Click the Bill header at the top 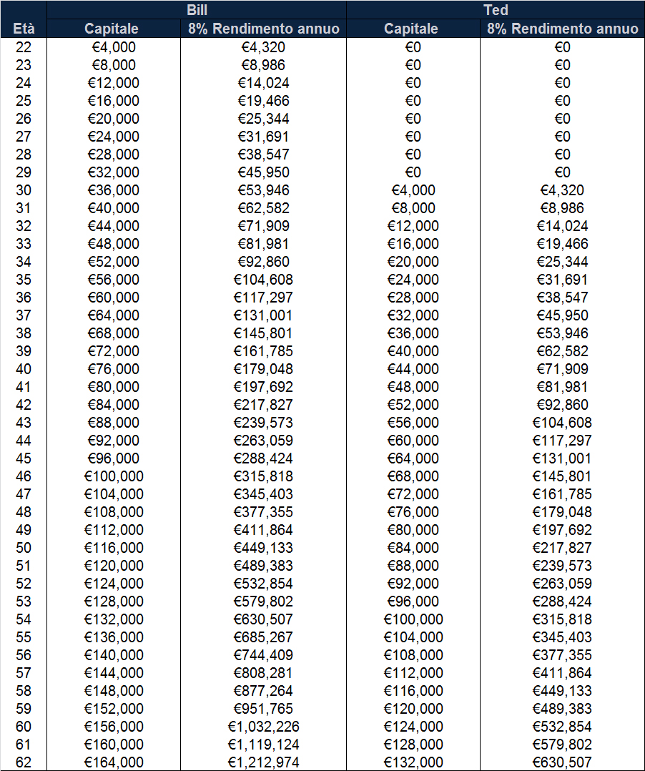[x=197, y=10]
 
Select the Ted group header [x=495, y=10]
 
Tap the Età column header [x=24, y=29]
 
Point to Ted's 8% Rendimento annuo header [x=563, y=29]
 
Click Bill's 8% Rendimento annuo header [x=263, y=29]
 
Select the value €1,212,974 [x=263, y=762]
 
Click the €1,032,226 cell [x=263, y=727]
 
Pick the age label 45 [x=24, y=458]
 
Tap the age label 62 [x=24, y=762]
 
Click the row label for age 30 [x=24, y=190]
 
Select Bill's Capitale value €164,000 [x=114, y=762]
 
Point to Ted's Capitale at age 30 [x=413, y=190]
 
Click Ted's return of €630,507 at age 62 [x=563, y=762]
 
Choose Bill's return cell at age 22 [x=263, y=47]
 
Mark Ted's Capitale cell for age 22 [x=413, y=47]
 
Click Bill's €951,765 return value [x=263, y=709]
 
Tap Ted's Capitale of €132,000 [x=413, y=762]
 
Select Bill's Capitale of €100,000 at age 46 [x=114, y=476]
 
